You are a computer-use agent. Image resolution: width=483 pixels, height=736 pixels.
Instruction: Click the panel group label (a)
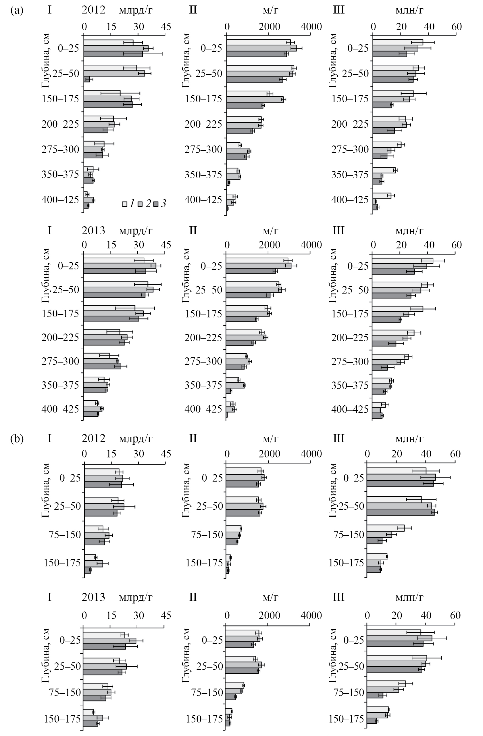point(17,10)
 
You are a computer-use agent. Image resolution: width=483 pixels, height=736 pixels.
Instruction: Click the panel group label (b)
point(17,438)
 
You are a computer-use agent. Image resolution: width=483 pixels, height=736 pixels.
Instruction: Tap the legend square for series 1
point(124,204)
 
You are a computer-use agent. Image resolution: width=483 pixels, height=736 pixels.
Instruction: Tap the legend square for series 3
point(156,204)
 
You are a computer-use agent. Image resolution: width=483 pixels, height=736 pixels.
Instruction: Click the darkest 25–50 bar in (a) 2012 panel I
point(86,79)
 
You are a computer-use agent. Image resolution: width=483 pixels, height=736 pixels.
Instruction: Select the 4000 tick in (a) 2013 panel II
point(311,245)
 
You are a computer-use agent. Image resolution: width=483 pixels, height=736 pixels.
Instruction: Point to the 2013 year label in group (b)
point(93,597)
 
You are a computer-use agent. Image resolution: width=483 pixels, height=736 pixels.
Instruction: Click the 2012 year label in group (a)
point(93,10)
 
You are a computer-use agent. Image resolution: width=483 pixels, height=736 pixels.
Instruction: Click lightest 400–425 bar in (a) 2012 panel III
point(382,195)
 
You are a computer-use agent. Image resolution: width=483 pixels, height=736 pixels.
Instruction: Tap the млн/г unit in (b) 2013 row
point(409,597)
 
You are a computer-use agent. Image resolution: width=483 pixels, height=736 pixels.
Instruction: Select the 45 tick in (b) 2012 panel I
point(166,454)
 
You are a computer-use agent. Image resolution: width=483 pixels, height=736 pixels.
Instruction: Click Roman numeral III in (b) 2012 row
point(339,438)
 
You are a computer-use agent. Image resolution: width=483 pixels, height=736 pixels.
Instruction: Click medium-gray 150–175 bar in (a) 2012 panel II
point(255,99)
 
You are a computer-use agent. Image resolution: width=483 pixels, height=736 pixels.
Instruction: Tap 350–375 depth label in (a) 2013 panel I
point(60,385)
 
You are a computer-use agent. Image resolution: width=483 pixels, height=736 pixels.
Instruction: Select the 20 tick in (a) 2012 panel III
point(401,27)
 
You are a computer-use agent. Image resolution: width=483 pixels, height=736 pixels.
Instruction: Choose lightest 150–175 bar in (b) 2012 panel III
point(377,557)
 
